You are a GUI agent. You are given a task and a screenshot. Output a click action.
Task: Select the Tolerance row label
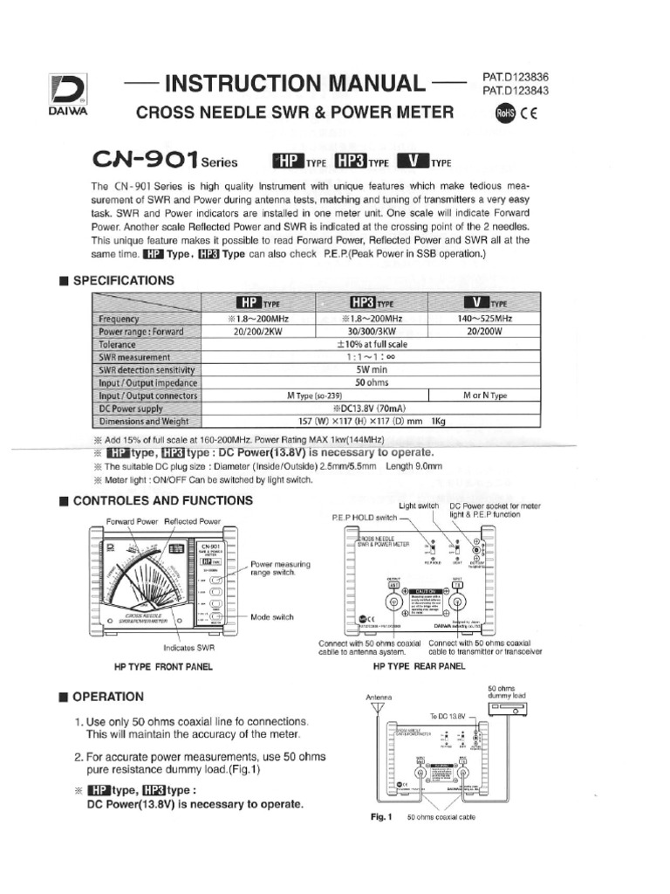click(122, 345)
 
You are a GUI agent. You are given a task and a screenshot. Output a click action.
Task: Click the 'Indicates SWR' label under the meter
click(188, 648)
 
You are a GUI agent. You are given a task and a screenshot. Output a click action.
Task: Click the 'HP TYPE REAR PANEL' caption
click(419, 665)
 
